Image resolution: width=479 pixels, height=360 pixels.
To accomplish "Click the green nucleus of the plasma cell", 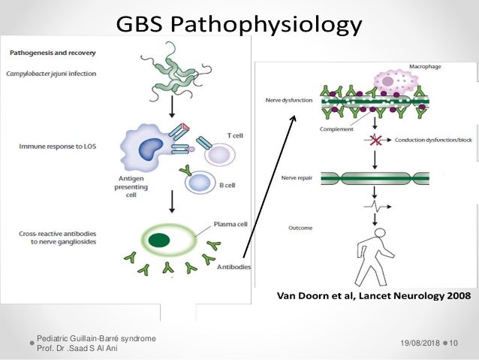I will pos(158,241).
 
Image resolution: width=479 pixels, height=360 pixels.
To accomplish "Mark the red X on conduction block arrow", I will pos(372,140).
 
